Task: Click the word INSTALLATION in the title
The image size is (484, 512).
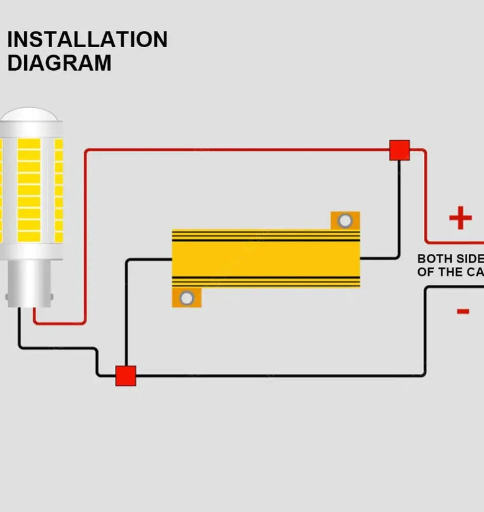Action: pos(87,40)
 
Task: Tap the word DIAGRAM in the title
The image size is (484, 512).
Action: pos(59,63)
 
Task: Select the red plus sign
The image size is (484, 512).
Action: pos(460,218)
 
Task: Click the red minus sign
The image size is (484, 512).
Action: pos(463,311)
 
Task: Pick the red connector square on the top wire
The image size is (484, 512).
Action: pos(400,150)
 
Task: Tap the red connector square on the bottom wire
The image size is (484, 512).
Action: pos(125,375)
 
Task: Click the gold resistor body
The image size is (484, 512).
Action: pos(266,258)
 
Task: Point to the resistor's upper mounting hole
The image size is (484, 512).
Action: pos(345,220)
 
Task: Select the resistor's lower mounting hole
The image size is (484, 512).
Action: pos(187,298)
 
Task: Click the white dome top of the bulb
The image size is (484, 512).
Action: pos(30,115)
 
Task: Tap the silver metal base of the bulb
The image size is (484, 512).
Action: pos(29,282)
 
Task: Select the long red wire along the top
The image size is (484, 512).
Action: pos(236,150)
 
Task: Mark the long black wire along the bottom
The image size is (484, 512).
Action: pos(279,375)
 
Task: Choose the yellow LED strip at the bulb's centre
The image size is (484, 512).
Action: pos(29,189)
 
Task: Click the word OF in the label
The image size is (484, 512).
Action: pos(425,272)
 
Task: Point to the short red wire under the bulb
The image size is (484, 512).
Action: pos(59,323)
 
